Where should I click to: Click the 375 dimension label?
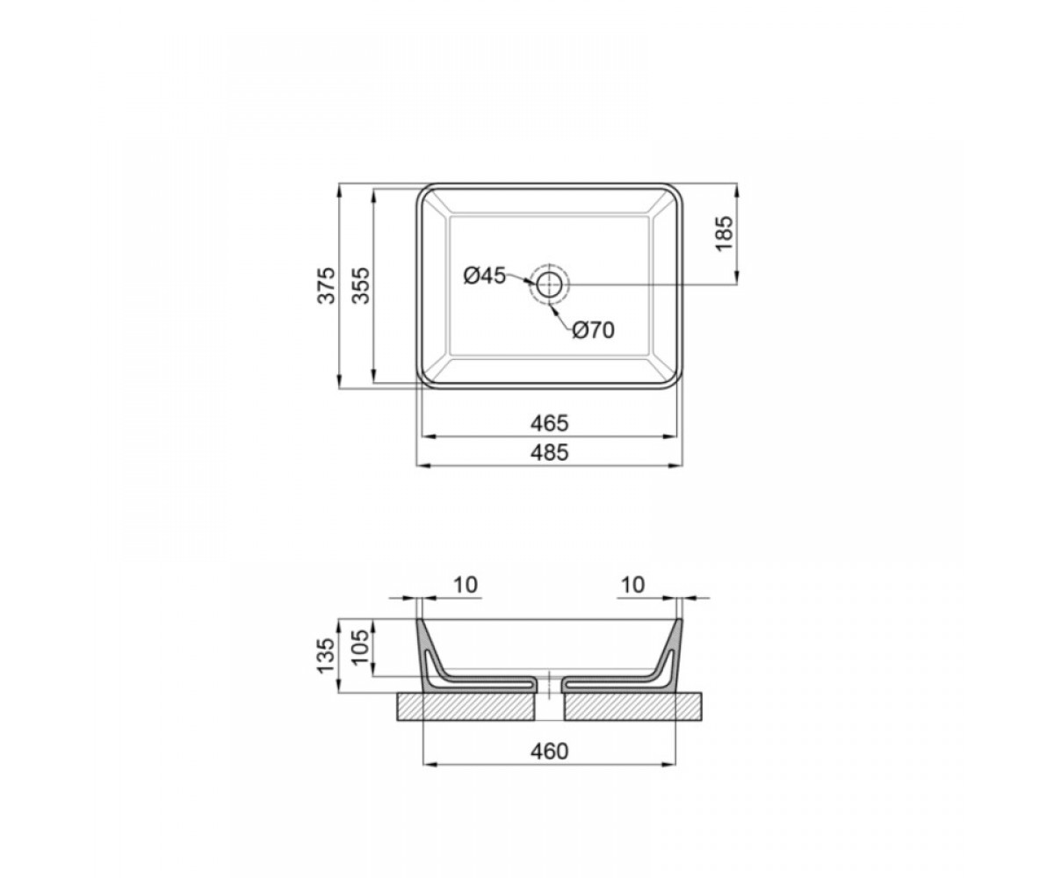coord(327,285)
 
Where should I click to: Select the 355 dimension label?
coord(361,285)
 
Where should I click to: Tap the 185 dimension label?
coord(724,234)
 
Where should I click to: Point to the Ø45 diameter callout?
coord(485,276)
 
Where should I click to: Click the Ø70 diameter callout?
coord(594,330)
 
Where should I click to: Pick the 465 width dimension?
coord(549,423)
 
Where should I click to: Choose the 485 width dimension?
coord(549,452)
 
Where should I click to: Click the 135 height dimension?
coord(327,655)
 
